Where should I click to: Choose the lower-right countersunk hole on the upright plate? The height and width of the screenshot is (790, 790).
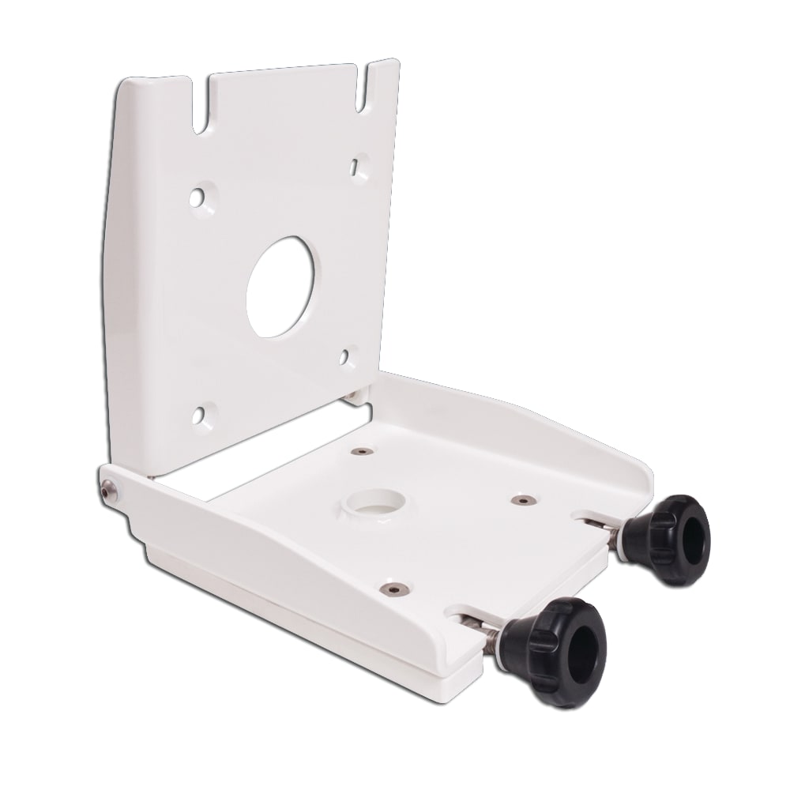tap(346, 356)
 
